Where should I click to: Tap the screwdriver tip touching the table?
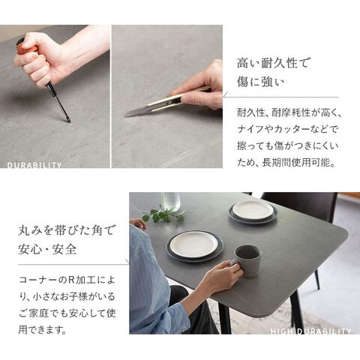pyautogui.click(x=68, y=121)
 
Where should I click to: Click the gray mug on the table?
pyautogui.click(x=248, y=261)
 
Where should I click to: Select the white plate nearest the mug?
pyautogui.click(x=194, y=244)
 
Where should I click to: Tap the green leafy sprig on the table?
pyautogui.click(x=163, y=214)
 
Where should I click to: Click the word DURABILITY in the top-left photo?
pyautogui.click(x=34, y=165)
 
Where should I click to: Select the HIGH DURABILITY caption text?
pyautogui.click(x=310, y=331)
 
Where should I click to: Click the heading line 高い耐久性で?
pyautogui.click(x=272, y=63)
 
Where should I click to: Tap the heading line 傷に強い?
pyautogui.click(x=261, y=82)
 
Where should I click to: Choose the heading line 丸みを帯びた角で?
pyautogui.click(x=66, y=229)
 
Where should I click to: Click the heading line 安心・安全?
pyautogui.click(x=47, y=249)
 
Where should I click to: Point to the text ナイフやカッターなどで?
pyautogui.click(x=287, y=129)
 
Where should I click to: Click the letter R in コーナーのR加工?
pyautogui.click(x=71, y=280)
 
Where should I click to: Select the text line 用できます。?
pyautogui.click(x=43, y=330)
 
